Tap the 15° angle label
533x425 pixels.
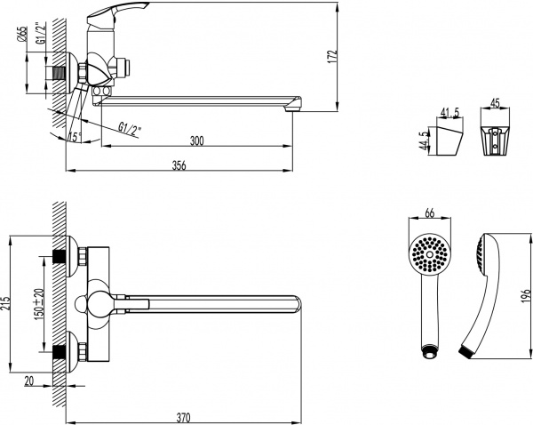click(x=75, y=136)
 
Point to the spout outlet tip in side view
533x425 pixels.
click(x=291, y=107)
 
